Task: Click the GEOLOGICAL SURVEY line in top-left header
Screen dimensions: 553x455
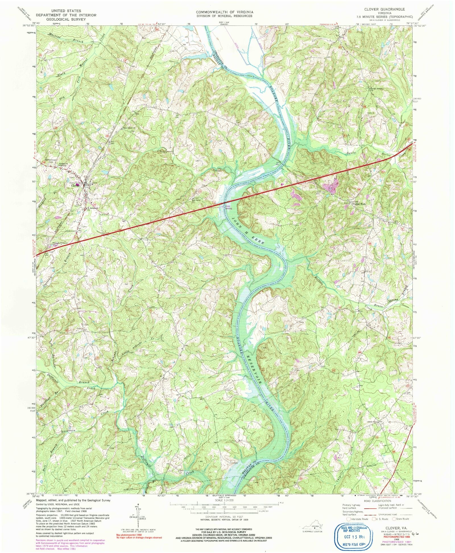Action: point(66,19)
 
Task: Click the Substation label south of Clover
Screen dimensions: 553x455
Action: point(71,231)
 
